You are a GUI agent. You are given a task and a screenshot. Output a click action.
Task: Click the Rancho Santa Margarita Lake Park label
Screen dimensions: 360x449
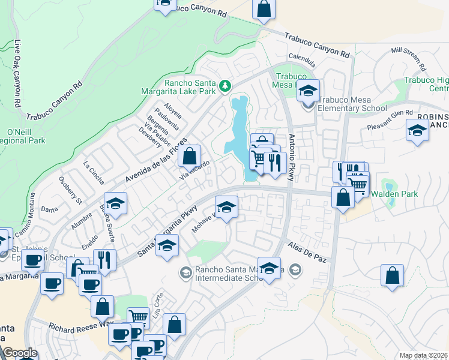pyautogui.click(x=186, y=87)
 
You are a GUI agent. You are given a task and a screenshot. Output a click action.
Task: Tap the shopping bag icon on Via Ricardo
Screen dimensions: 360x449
pyautogui.click(x=189, y=156)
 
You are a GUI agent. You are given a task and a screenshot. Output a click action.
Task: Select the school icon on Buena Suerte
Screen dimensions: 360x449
pyautogui.click(x=116, y=203)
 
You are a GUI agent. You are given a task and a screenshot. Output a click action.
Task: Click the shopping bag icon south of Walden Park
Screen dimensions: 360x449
pyautogui.click(x=392, y=275)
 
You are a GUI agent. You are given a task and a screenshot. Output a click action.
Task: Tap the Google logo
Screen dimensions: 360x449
pyautogui.click(x=20, y=353)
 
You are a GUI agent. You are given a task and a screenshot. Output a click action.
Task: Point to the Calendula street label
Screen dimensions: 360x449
pyautogui.click(x=302, y=61)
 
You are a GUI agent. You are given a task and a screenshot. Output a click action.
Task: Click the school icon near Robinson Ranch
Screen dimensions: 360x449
pyautogui.click(x=417, y=130)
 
